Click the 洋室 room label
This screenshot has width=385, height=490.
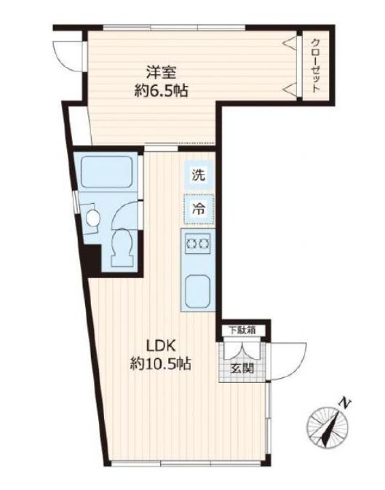(x=161, y=74)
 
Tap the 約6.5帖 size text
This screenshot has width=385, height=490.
(x=162, y=91)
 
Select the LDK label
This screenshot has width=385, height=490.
(x=160, y=347)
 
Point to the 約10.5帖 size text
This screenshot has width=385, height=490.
(x=161, y=364)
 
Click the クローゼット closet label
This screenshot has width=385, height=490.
(x=316, y=65)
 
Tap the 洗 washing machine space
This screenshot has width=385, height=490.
(x=199, y=175)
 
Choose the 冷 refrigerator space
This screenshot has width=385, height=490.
(x=199, y=209)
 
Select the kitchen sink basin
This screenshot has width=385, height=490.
(x=198, y=291)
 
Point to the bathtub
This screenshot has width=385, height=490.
(x=107, y=171)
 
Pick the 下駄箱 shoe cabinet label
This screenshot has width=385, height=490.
(x=242, y=330)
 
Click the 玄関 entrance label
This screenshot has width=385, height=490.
(x=242, y=369)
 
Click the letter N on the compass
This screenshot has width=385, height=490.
(x=345, y=403)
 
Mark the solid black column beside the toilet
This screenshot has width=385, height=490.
(x=91, y=258)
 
